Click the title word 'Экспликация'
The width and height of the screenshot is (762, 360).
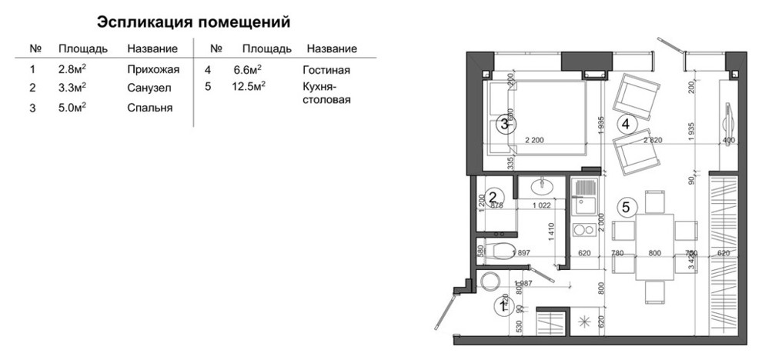coord(144,21)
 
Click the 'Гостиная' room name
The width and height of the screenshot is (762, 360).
coord(326,70)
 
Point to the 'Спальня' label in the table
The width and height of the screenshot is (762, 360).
coord(149,108)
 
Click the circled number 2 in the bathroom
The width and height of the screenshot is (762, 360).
coord(496,196)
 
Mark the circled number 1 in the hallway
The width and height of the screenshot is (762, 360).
coord(502,307)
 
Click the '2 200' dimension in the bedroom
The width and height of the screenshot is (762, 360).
coord(534,140)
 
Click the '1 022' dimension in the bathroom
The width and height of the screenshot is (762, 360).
coord(545,205)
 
